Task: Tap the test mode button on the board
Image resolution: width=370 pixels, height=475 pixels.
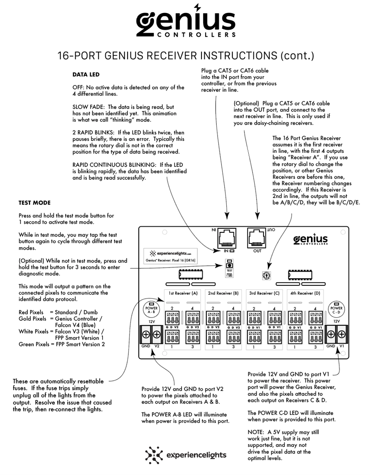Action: (x=229, y=265)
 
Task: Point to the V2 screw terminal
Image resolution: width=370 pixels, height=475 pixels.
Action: (x=157, y=335)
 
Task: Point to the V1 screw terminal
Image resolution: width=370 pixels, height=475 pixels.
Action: (x=341, y=334)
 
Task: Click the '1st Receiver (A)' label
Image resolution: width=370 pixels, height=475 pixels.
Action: (x=183, y=293)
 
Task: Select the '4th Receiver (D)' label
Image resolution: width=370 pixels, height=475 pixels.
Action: (x=305, y=293)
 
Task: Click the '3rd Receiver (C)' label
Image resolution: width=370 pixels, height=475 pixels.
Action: (x=264, y=293)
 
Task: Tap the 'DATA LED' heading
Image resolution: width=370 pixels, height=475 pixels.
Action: (x=86, y=75)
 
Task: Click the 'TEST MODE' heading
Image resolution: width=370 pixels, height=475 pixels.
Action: (x=35, y=203)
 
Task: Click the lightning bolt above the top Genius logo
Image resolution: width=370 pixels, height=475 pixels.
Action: (x=197, y=7)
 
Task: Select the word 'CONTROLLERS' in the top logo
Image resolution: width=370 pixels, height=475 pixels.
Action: (x=196, y=35)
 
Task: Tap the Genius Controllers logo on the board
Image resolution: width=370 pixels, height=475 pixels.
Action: (x=310, y=239)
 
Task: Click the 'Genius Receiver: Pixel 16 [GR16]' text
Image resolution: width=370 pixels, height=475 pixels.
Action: (x=170, y=261)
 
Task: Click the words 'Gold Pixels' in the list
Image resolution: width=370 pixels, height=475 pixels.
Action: (x=33, y=319)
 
